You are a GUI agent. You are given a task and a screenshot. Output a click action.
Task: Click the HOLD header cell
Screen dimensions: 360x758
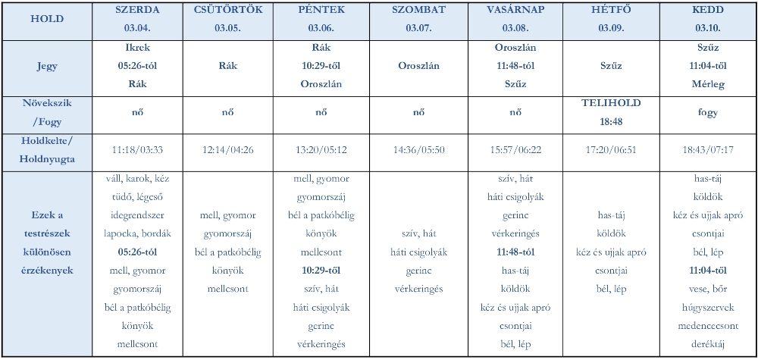47,20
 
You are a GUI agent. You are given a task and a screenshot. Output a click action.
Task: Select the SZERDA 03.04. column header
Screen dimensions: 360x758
137,20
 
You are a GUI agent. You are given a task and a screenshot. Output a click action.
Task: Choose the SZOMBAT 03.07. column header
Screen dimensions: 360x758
418,20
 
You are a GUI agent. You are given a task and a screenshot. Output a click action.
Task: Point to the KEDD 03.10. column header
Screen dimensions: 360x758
707,20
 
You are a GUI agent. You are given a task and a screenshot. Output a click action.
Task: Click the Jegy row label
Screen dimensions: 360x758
47,66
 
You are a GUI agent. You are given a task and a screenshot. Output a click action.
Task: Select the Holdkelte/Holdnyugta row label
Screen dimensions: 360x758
47,150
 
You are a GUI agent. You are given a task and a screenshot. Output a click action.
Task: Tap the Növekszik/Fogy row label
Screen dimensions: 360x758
47,112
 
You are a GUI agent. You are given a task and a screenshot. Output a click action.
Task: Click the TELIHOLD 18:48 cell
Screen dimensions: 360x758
611,112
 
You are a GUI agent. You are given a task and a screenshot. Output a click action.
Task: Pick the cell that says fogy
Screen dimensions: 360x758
707,113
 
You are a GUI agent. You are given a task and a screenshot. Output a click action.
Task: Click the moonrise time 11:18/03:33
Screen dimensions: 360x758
137,151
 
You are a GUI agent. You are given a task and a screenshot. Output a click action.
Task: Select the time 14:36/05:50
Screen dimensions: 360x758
418,151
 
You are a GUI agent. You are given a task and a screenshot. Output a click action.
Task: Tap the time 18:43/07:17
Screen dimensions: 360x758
707,151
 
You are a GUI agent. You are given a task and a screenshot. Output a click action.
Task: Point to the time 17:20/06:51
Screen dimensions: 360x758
611,151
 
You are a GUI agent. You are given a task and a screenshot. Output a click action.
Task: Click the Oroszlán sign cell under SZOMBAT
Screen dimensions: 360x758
418,66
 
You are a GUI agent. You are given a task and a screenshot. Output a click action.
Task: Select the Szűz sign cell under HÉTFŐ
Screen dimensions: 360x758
611,66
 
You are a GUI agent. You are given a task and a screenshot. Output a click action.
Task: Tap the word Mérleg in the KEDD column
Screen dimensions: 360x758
707,84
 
